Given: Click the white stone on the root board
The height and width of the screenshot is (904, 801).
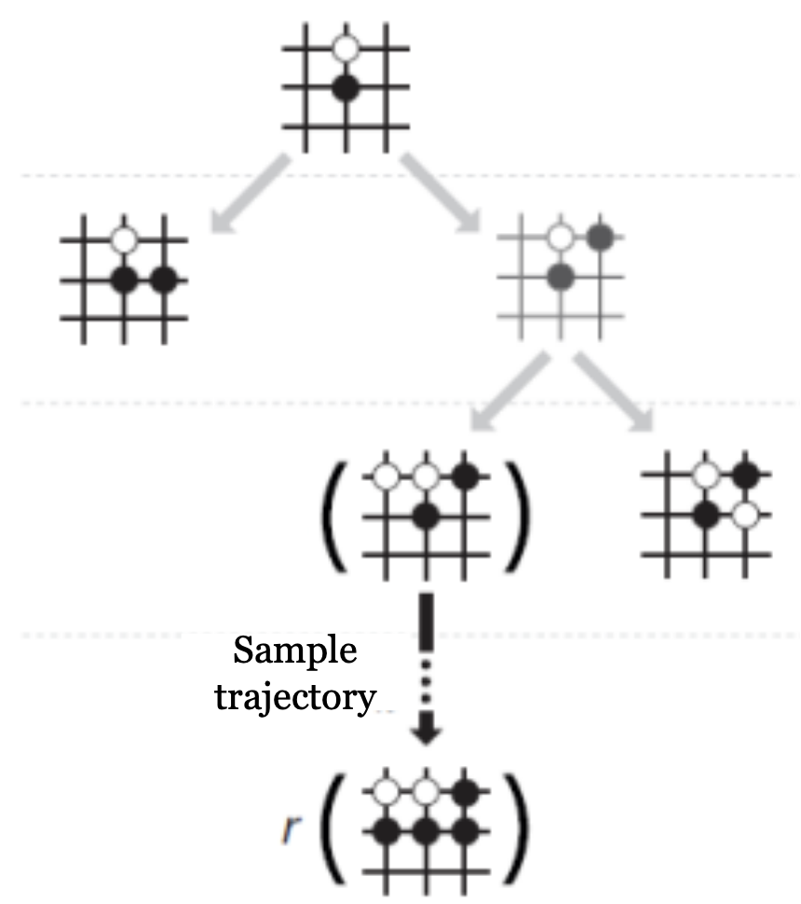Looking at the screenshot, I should [x=346, y=48].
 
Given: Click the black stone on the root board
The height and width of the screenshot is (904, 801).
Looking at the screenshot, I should [x=346, y=89].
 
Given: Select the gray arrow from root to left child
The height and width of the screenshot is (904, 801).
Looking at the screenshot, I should [x=249, y=196].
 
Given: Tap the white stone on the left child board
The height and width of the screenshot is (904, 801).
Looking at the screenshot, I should [x=124, y=239].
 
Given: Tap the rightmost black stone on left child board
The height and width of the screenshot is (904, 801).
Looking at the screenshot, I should [x=165, y=279].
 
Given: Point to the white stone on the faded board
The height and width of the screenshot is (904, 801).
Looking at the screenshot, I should [x=560, y=238].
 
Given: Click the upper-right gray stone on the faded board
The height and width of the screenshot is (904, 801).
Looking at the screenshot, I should [x=601, y=237].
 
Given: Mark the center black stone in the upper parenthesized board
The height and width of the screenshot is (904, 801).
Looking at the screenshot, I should [x=427, y=515].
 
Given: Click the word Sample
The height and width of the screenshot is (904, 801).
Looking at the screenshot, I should [x=294, y=651].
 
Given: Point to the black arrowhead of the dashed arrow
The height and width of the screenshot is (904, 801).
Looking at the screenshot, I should [x=426, y=733].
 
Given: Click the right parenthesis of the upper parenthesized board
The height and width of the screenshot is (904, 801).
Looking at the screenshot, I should [x=518, y=514].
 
